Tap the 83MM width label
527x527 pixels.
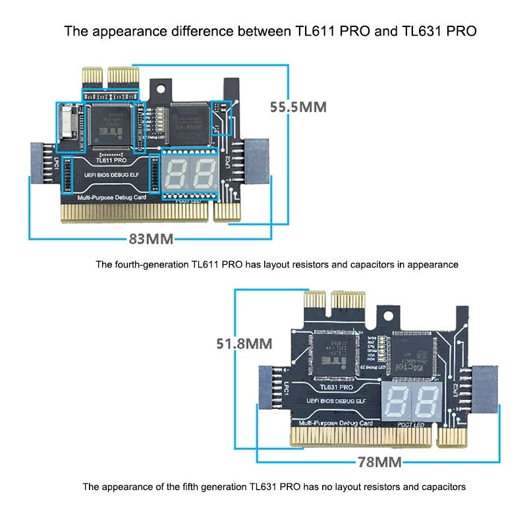pyautogui.click(x=150, y=238)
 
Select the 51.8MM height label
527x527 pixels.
pyautogui.click(x=245, y=343)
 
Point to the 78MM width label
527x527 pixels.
pyautogui.click(x=379, y=462)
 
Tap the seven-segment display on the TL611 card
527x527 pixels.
pyautogui.click(x=189, y=173)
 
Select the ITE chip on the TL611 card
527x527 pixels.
pyautogui.click(x=109, y=123)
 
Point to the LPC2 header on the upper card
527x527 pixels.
pyautogui.click(x=250, y=165)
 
